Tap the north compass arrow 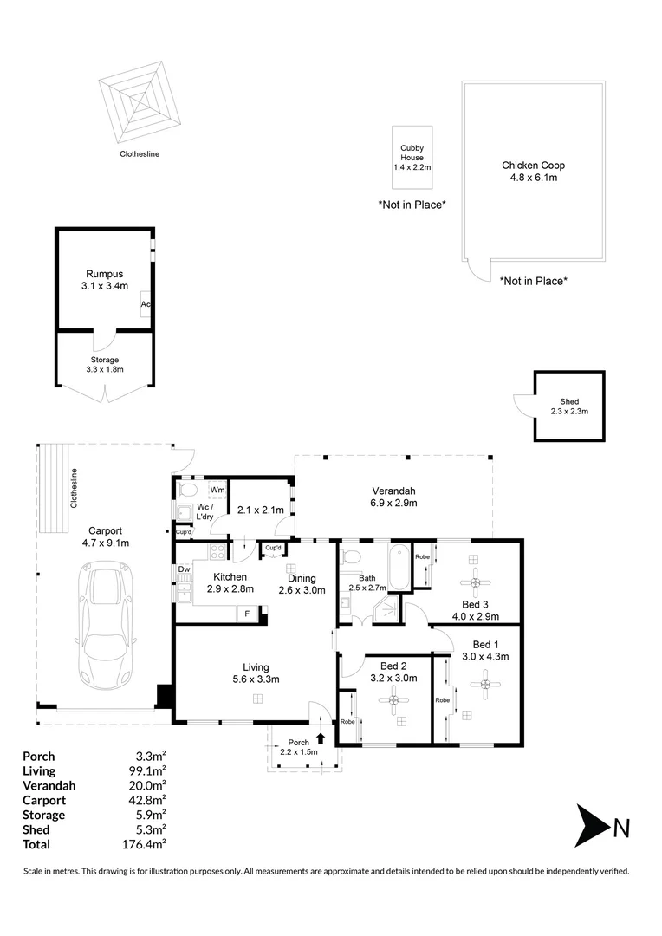coord(593,829)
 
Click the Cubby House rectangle coord(412,158)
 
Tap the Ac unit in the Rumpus coord(146,305)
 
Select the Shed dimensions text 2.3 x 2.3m coord(569,413)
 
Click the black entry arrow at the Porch coord(321,738)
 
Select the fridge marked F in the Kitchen coord(248,614)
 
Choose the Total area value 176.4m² coord(146,844)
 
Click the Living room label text coord(255,666)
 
